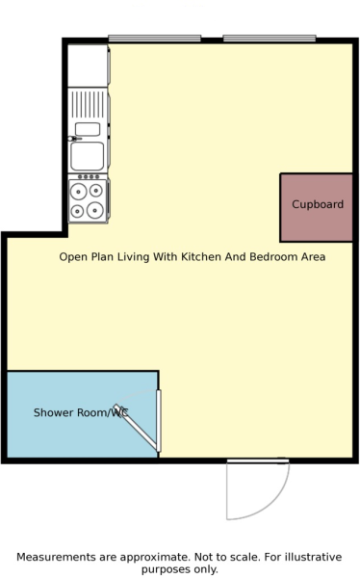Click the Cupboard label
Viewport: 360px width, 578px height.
tap(318, 204)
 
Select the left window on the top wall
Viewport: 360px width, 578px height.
tap(155, 38)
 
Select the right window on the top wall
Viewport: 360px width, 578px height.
tap(270, 38)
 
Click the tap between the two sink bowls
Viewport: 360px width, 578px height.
tap(74, 139)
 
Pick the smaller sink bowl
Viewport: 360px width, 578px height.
tap(88, 129)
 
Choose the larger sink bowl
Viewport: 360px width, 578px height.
tap(88, 156)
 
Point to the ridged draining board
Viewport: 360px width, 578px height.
tap(88, 105)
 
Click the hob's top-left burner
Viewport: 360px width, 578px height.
tap(79, 192)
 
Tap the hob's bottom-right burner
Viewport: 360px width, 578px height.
tap(95, 210)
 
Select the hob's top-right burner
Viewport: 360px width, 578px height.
tap(96, 190)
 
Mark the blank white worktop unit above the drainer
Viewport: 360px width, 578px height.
tap(88, 66)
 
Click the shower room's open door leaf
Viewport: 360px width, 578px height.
tap(136, 428)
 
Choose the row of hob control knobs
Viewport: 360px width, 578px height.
tap(89, 177)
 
